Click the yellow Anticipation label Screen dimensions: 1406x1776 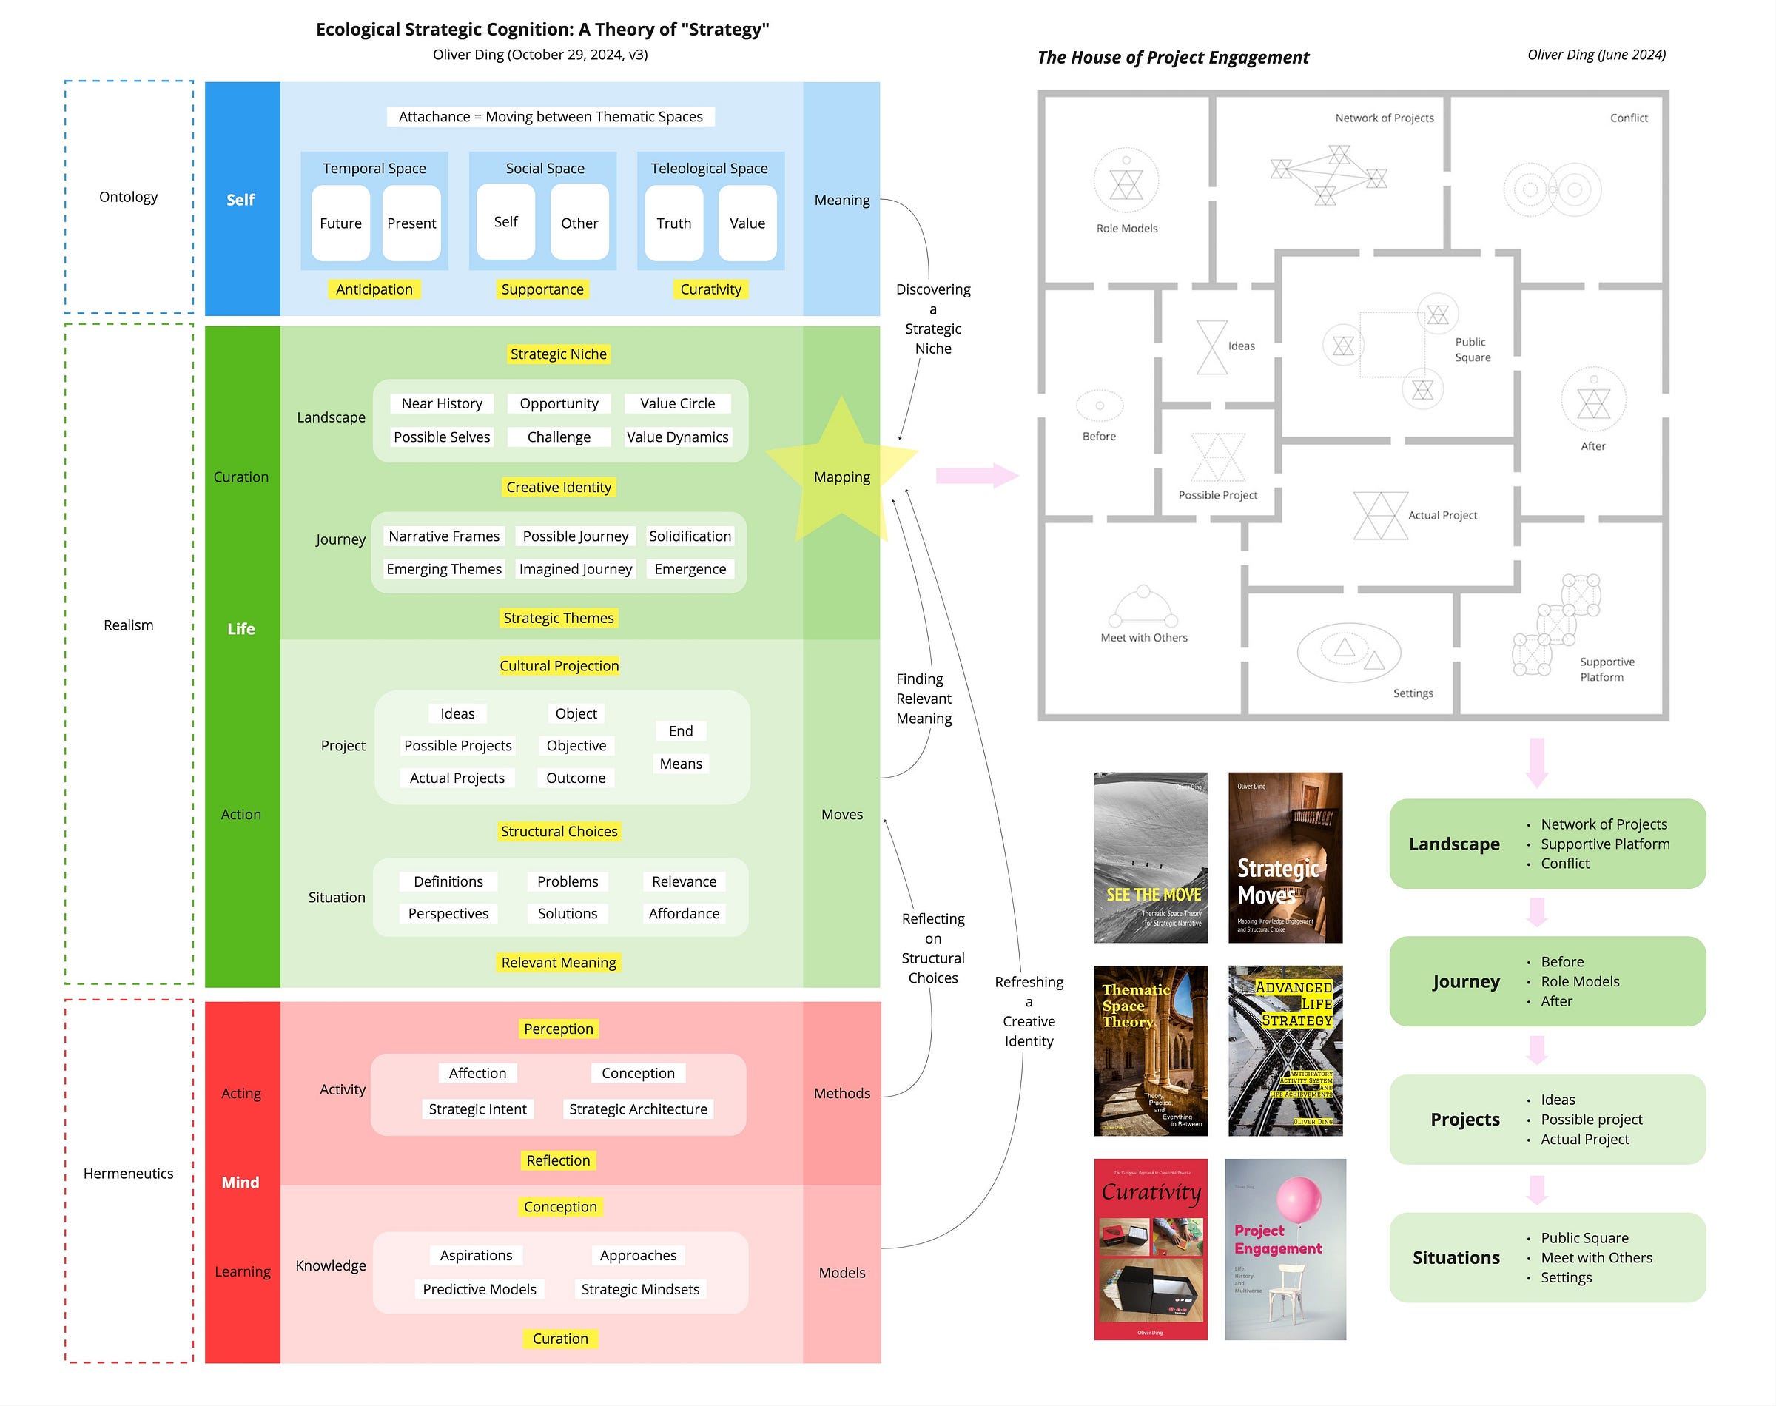pos(374,289)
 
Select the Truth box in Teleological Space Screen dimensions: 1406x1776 pos(673,223)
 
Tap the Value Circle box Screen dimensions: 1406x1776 pos(677,403)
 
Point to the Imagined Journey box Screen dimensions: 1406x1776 pos(575,569)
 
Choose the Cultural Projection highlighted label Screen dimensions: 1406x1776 pos(559,666)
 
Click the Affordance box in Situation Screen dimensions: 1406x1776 pos(683,914)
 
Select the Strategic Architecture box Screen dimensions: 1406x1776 pos(638,1109)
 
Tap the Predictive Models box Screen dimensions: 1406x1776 pos(479,1289)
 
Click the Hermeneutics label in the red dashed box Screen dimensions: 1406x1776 pos(128,1173)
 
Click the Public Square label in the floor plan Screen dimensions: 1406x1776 pos(1472,349)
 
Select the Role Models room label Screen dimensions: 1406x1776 pos(1127,228)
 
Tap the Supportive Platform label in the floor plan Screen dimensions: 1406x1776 pos(1606,669)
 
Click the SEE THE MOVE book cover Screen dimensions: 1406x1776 pos(1151,857)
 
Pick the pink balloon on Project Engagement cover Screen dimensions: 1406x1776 pos(1298,1200)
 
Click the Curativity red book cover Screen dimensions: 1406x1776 pos(1151,1249)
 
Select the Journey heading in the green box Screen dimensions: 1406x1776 pos(1465,981)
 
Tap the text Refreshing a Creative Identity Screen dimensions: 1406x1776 pos(1029,1011)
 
